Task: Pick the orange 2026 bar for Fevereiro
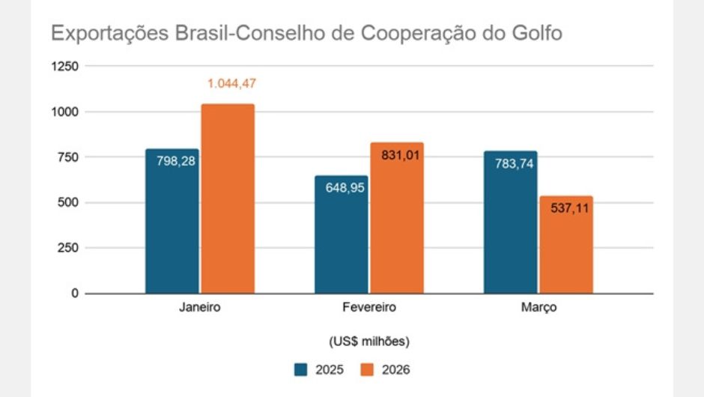pyautogui.click(x=397, y=225)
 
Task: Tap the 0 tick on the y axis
pyautogui.click(x=74, y=294)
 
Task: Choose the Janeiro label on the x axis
pyautogui.click(x=200, y=308)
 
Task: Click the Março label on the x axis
pyautogui.click(x=538, y=308)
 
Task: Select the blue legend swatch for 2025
pyautogui.click(x=301, y=369)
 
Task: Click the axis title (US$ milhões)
pyautogui.click(x=368, y=341)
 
